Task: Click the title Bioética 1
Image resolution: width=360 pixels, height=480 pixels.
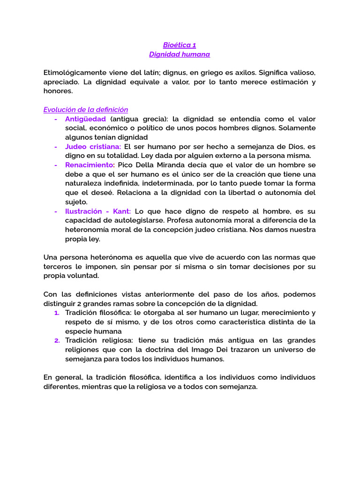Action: (x=180, y=45)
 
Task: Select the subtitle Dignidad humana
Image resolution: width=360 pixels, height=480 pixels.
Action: (x=180, y=54)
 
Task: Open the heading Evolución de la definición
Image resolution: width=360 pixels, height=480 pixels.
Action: (x=86, y=110)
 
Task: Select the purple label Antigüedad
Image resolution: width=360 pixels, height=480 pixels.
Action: (x=85, y=119)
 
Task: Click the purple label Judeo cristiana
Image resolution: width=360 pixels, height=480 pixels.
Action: (x=93, y=146)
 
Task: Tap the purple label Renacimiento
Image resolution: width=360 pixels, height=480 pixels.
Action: (x=89, y=165)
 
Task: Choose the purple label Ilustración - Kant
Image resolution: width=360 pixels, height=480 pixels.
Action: (x=98, y=211)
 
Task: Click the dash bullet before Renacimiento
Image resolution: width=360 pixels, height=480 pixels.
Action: (x=56, y=165)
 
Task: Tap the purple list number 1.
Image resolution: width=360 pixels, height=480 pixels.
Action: (x=56, y=313)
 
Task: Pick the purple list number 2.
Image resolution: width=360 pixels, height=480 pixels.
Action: (x=56, y=340)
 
